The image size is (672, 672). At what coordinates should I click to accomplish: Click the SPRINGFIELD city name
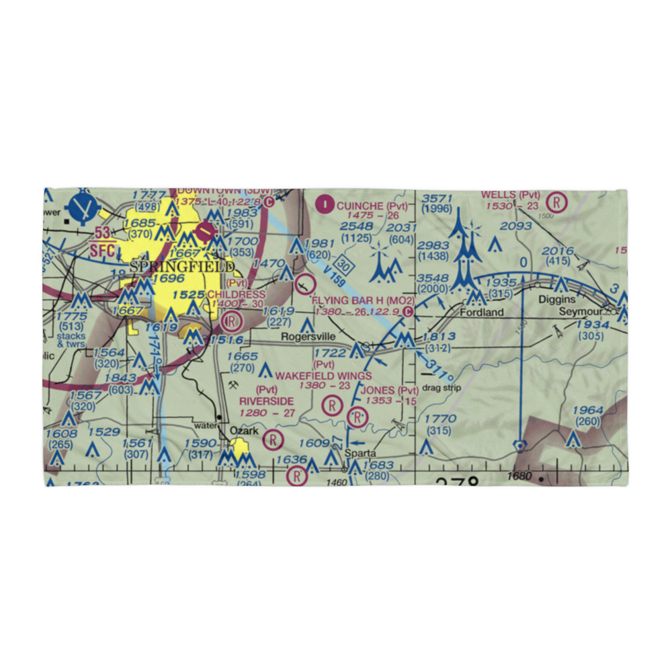pos(182,267)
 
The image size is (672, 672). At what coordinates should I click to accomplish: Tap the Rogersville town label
pos(308,337)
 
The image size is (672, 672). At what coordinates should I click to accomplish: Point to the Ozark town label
pos(244,430)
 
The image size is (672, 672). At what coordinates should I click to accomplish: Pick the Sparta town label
pos(360,453)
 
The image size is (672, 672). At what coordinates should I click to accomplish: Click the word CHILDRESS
pos(236,294)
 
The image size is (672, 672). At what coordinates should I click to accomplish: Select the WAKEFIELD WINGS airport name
pos(323,375)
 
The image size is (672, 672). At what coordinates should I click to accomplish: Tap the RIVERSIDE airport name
pos(266,401)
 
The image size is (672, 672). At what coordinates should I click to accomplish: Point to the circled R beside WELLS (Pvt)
pos(556,201)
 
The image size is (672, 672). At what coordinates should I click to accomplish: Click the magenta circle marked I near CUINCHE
pos(326,202)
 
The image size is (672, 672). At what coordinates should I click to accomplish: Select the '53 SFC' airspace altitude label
pos(103,241)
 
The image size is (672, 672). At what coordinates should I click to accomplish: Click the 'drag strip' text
pos(442,388)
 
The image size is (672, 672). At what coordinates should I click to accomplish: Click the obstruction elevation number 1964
pos(588,411)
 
